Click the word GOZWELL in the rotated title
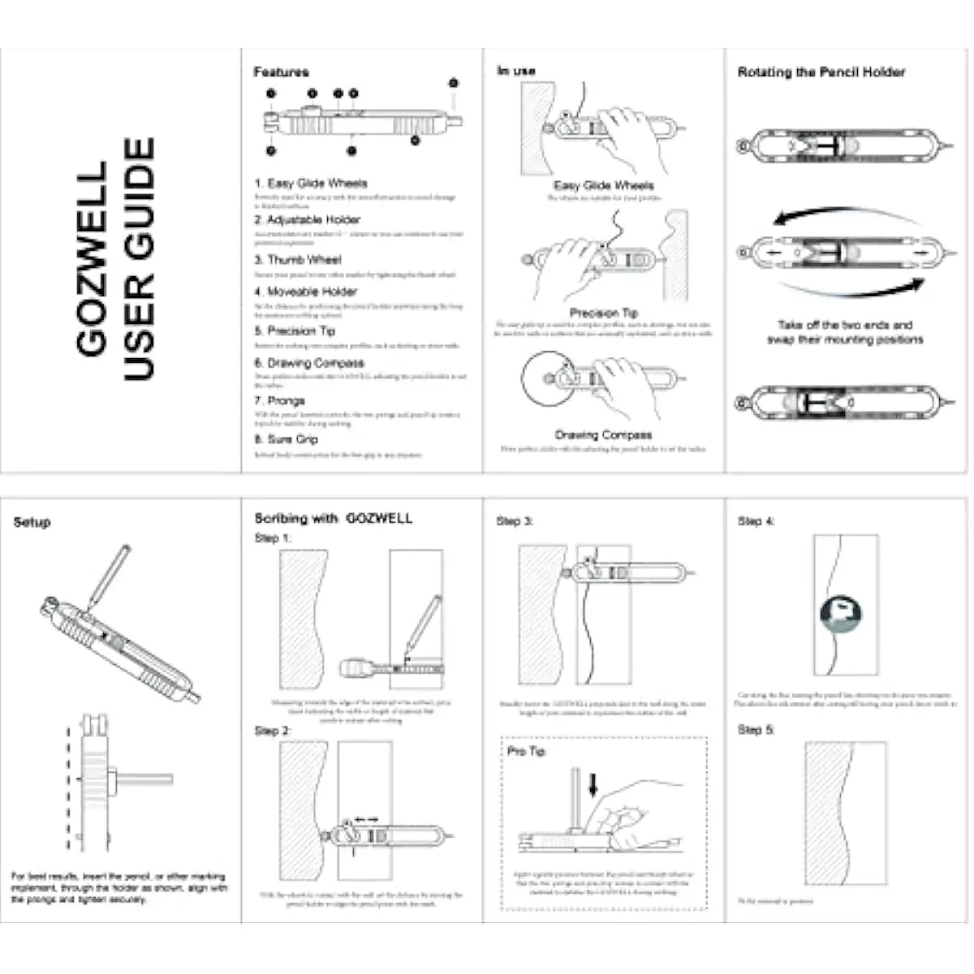[92, 258]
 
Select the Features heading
[281, 72]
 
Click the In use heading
[516, 71]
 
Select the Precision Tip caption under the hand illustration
[603, 312]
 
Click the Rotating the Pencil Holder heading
[821, 72]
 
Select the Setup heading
[32, 523]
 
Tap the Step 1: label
[273, 538]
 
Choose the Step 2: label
[273, 731]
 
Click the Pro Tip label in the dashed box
[526, 752]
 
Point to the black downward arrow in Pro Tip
[593, 784]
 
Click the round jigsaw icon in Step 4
[840, 614]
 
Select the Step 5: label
[756, 730]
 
